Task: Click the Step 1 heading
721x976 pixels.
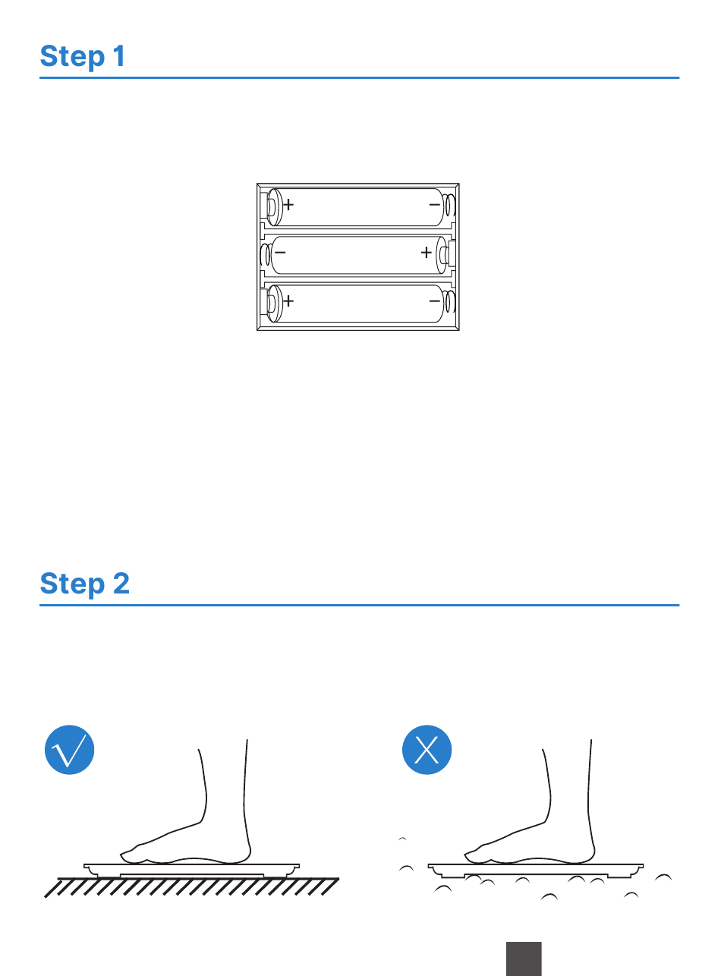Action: (x=82, y=57)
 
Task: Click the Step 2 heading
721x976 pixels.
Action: (x=84, y=584)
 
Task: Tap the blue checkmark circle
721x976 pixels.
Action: (x=70, y=750)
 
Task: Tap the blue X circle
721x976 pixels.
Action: (x=427, y=750)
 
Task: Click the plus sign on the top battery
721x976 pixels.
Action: (x=288, y=205)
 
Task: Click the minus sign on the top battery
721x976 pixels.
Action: (x=434, y=205)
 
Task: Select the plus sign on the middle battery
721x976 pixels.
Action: (x=426, y=253)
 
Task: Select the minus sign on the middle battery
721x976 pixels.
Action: (x=280, y=253)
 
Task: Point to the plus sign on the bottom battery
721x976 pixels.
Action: (x=288, y=301)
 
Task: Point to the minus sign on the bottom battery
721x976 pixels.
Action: (x=434, y=301)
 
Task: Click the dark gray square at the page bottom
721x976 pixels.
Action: (x=524, y=959)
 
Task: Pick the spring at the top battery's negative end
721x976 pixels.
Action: (x=449, y=205)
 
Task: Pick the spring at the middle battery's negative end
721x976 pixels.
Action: (x=265, y=255)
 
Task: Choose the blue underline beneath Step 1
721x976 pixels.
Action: (x=359, y=78)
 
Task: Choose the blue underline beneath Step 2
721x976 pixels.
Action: (x=359, y=606)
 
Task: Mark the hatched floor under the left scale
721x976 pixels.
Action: (x=192, y=887)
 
